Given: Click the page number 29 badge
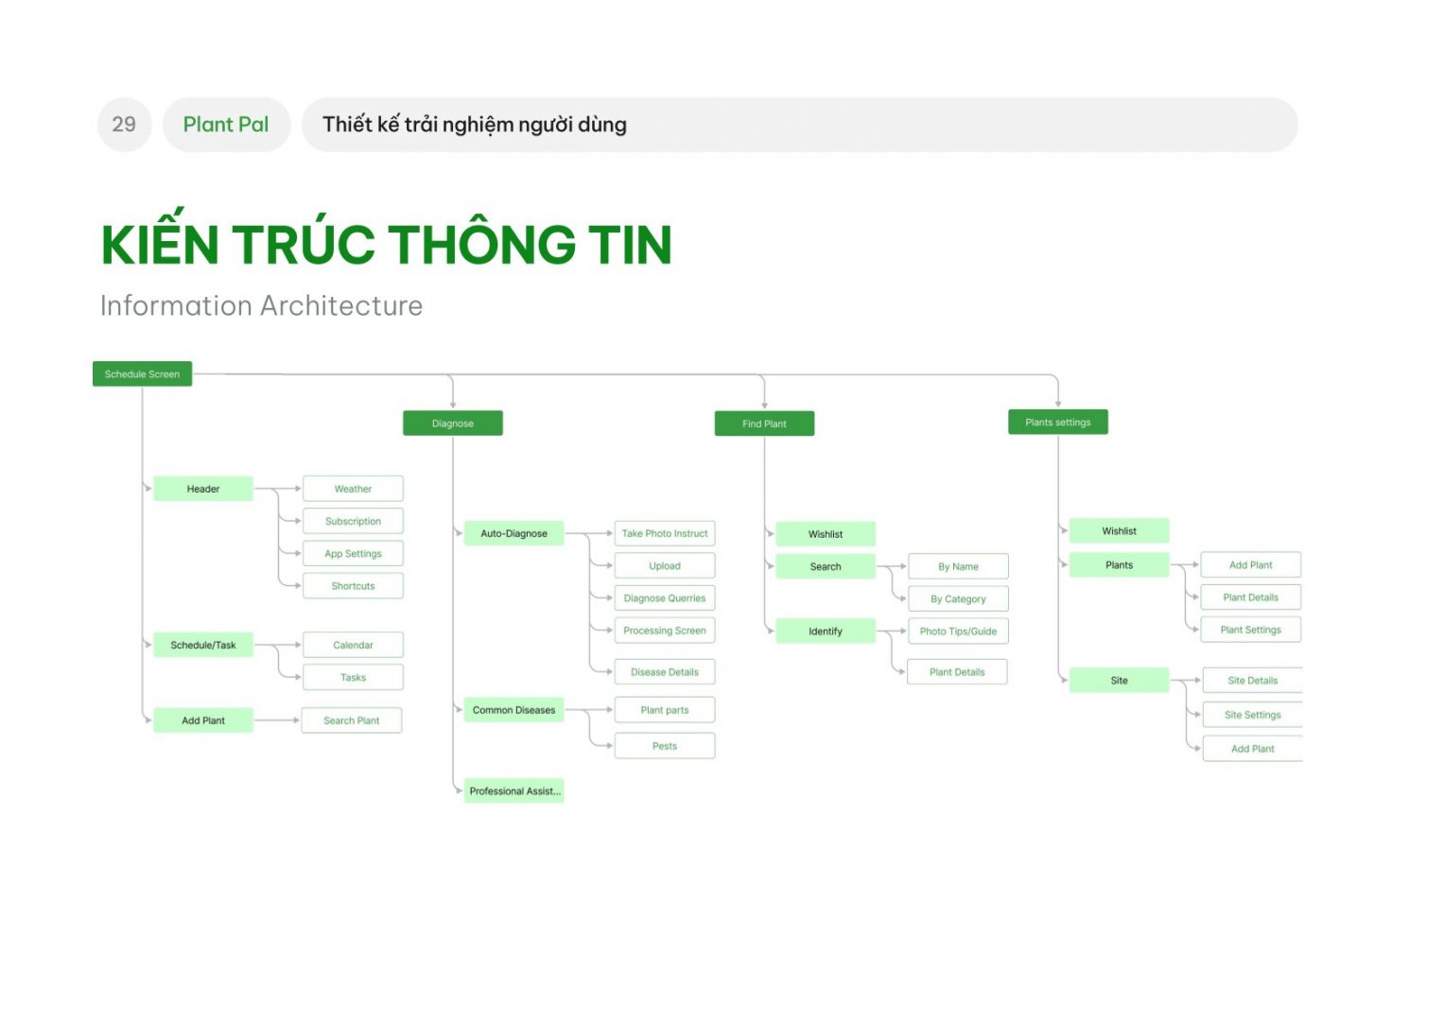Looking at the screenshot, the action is (x=125, y=125).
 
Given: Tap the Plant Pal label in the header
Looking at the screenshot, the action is (x=226, y=125).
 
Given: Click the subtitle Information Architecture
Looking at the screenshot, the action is (x=261, y=305).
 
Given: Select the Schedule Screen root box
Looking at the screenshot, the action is (x=143, y=373).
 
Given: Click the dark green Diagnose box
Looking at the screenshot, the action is (x=453, y=424).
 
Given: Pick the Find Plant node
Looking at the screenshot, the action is (x=764, y=424).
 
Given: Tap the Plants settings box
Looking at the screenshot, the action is (x=1058, y=423).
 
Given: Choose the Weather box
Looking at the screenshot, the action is (x=354, y=489).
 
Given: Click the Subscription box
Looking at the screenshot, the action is (x=354, y=521).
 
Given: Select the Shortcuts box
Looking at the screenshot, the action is (x=354, y=586).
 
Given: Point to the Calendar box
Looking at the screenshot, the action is (x=354, y=645).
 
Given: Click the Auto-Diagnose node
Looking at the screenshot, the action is (x=513, y=533).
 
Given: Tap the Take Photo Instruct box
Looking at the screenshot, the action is (x=665, y=533).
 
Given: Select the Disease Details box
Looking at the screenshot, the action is (x=665, y=671).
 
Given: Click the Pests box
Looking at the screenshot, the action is (x=665, y=746).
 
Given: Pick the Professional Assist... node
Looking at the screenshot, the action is (x=513, y=791).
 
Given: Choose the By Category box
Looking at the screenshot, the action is (x=959, y=598).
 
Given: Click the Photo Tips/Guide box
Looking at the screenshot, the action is (x=959, y=632).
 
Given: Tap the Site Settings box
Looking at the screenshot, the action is (x=1253, y=715).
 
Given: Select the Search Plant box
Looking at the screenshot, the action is (x=352, y=720).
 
